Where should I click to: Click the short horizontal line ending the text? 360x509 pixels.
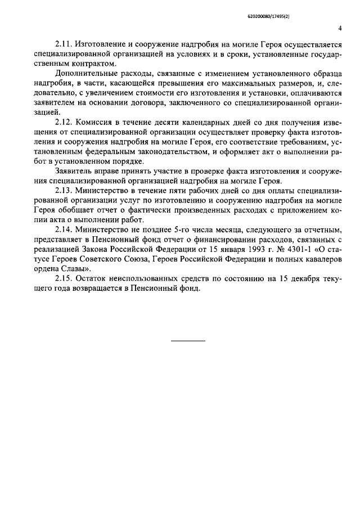(188, 341)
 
